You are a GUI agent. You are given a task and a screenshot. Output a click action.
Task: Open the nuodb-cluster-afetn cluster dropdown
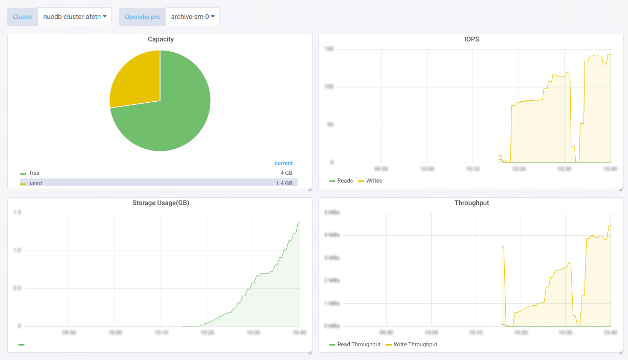75,16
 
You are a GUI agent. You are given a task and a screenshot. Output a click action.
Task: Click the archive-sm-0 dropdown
192,16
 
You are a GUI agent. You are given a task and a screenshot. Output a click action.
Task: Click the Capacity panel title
161,39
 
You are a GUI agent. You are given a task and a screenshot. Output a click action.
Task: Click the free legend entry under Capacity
34,173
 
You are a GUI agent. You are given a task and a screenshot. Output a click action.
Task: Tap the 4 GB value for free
286,173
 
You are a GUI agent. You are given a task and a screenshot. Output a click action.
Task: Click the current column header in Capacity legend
283,164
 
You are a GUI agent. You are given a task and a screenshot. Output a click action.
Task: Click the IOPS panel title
472,39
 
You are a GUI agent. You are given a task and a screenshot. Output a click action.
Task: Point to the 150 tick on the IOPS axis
328,49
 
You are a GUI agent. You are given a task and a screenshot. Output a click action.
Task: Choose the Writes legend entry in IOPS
374,181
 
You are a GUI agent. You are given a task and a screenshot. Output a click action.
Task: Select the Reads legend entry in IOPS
345,181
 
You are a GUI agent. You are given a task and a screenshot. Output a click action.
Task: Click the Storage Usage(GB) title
161,203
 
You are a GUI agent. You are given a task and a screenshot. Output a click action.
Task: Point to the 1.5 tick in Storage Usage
18,213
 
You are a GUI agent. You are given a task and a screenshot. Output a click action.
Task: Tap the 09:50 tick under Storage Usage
69,332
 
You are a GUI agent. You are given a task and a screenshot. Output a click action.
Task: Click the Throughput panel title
472,203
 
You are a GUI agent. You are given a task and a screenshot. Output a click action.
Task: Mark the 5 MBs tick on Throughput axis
332,212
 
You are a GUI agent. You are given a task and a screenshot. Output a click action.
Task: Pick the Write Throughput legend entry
415,345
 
